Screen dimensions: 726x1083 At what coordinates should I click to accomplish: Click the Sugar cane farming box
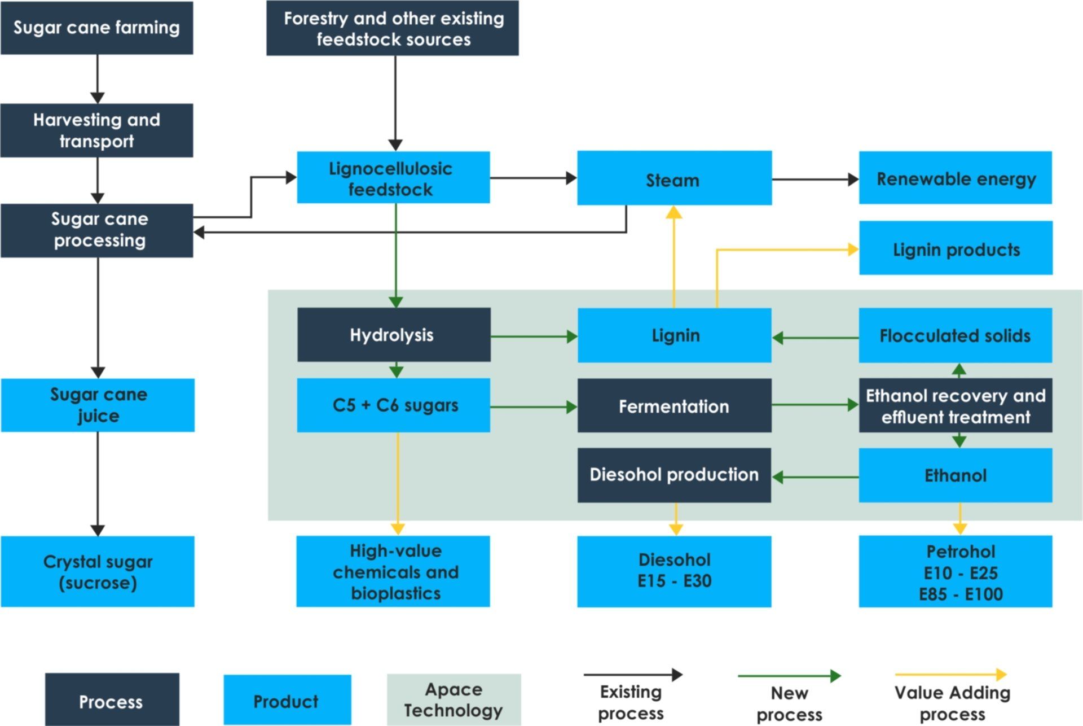tap(96, 28)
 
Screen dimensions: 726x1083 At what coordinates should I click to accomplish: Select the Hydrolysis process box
tap(394, 335)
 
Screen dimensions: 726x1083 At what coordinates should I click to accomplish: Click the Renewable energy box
tap(955, 178)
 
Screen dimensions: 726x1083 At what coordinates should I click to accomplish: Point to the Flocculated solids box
tap(955, 335)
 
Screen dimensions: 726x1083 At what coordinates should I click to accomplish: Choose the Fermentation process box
tap(674, 406)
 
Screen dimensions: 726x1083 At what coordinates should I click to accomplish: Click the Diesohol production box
tap(674, 475)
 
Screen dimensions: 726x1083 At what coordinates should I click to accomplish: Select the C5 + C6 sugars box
tap(394, 405)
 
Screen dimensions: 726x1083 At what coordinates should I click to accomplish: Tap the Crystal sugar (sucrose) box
tap(98, 571)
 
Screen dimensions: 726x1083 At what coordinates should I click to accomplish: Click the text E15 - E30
tap(674, 581)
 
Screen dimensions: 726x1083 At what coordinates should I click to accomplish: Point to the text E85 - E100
tap(961, 594)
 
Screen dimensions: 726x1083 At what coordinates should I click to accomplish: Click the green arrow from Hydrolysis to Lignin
tap(533, 337)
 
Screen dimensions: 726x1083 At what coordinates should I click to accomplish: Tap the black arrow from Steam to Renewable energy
tap(815, 180)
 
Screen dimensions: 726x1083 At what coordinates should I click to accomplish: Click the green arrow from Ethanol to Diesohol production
tap(815, 478)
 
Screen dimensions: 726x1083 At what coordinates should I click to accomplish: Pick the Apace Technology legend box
tap(454, 699)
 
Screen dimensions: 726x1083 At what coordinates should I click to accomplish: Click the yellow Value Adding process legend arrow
tap(950, 675)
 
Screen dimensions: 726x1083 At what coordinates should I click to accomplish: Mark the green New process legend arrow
tap(789, 676)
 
